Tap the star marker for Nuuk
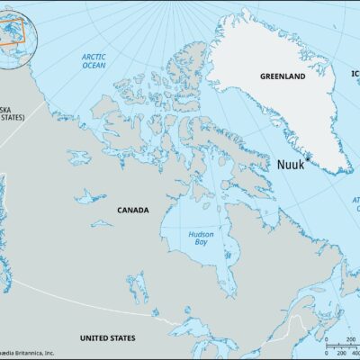(308, 158)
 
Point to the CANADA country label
(133, 210)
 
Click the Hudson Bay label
(201, 238)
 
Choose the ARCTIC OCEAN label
(94, 61)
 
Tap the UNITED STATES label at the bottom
(107, 337)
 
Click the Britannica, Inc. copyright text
(27, 353)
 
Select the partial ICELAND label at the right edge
(354, 76)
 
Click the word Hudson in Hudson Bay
(201, 234)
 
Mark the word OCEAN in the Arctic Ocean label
(94, 66)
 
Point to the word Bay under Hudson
(201, 243)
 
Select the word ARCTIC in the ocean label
(94, 57)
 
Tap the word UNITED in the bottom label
(94, 337)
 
